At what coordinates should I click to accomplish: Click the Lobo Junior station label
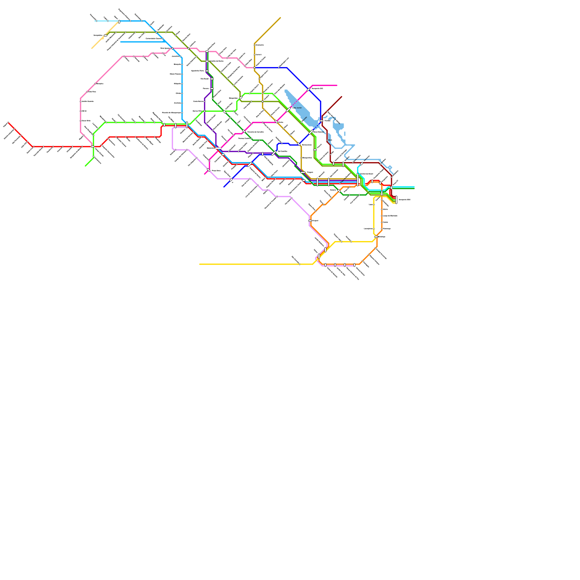point(297,108)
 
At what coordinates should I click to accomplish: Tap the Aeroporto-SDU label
point(404,200)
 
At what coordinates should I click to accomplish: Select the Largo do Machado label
point(390,216)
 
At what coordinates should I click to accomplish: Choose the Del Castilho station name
point(282,151)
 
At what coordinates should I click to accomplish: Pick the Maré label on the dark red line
point(330,140)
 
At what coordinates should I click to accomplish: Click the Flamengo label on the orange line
point(387,229)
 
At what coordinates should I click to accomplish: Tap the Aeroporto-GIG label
point(317,88)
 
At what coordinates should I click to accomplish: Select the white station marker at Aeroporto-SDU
point(396,200)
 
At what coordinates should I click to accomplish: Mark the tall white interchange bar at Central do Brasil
point(358,179)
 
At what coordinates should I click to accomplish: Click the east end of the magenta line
point(337,86)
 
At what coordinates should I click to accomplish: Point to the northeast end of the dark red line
point(341,97)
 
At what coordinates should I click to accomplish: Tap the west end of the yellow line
point(200,264)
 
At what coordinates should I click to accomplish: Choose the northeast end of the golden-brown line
point(280,18)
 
